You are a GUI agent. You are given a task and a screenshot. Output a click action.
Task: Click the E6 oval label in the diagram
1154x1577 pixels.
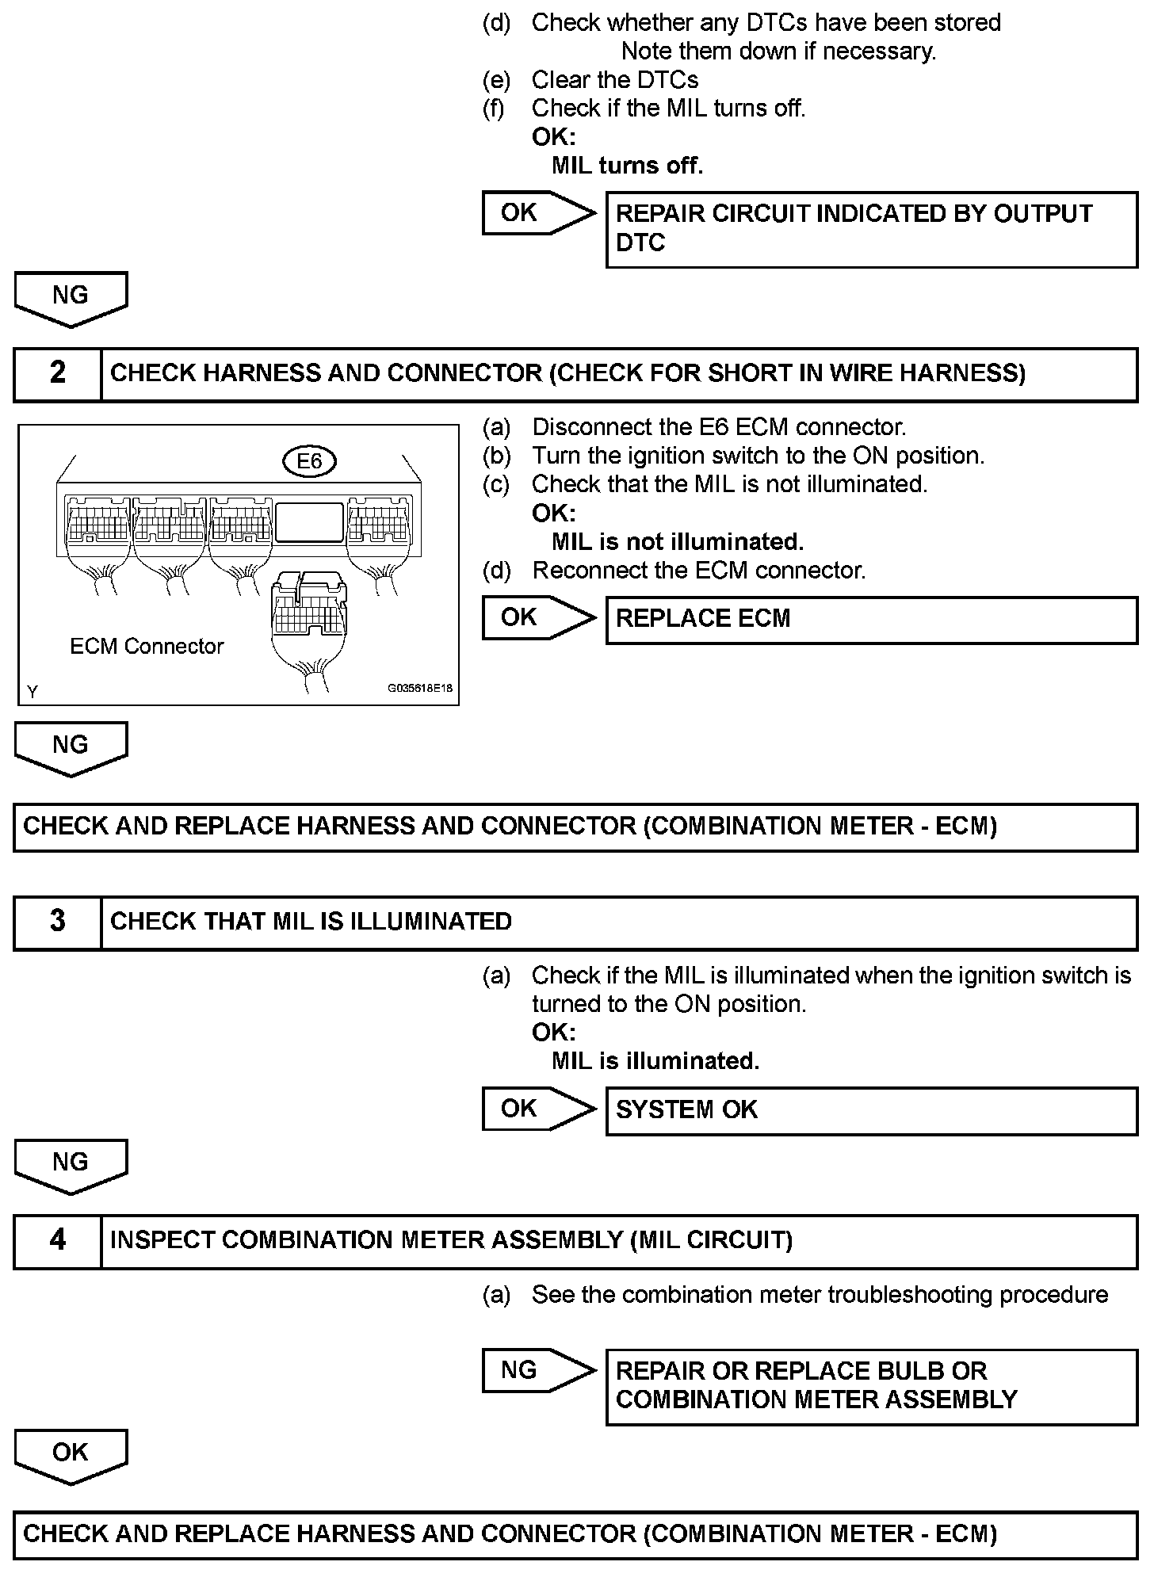[309, 461]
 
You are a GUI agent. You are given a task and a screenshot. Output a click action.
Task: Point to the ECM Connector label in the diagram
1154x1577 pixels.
[147, 647]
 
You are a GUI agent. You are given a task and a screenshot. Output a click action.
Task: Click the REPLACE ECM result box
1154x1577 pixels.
[871, 619]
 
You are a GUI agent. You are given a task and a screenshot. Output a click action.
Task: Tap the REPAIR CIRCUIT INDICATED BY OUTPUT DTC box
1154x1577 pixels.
[871, 228]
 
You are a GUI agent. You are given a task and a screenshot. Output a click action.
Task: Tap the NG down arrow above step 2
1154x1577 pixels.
[71, 297]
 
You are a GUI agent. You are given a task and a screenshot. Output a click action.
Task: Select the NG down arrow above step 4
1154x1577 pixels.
[71, 1164]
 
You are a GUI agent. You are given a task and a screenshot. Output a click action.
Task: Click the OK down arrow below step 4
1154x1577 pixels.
[71, 1454]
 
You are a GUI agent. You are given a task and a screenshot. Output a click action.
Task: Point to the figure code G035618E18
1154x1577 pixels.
[419, 689]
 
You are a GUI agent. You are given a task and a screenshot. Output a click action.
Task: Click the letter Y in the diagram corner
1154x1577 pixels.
[32, 692]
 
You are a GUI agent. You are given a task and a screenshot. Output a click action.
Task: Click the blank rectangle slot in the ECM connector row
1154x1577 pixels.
[309, 522]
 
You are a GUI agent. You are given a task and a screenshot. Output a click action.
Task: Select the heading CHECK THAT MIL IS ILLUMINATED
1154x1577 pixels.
[311, 921]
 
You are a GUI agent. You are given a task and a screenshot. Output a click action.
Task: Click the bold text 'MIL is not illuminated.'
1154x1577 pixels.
[678, 542]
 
